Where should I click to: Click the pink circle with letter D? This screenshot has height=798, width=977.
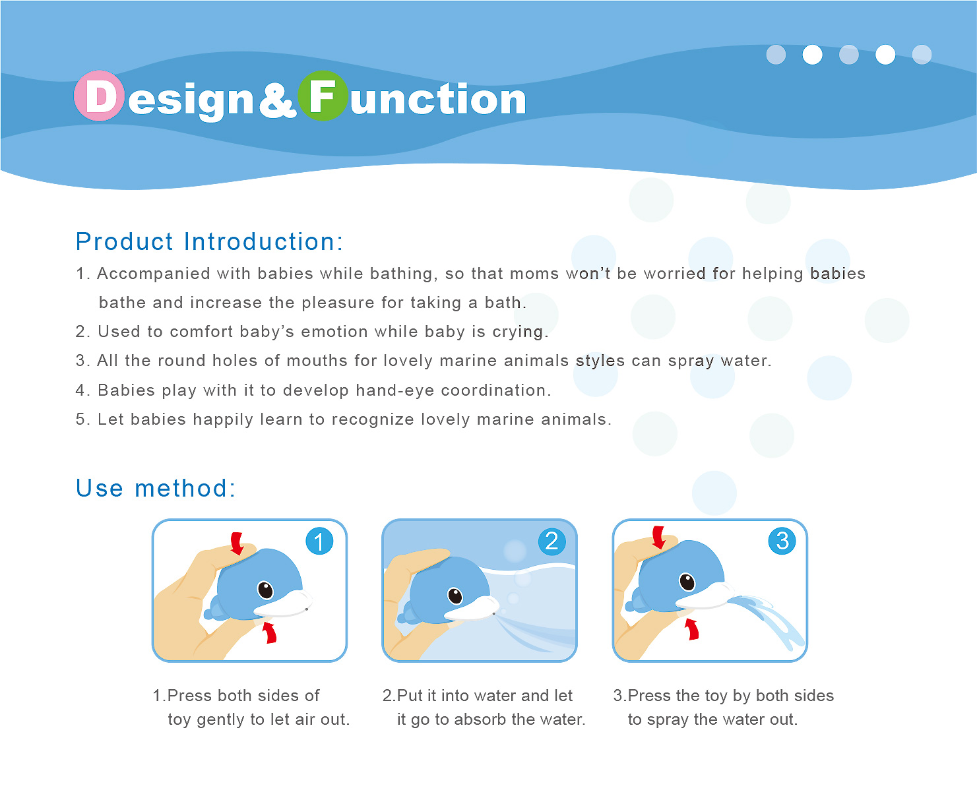coord(99,96)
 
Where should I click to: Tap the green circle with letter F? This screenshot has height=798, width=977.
coord(323,96)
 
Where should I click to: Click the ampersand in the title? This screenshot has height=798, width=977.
coord(277,100)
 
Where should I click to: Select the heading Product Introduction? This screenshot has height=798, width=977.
coord(209,242)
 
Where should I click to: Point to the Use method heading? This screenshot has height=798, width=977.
coord(156,488)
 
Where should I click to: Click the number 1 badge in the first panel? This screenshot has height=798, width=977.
coord(319,541)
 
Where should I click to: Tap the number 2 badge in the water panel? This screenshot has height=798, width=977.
coord(552,541)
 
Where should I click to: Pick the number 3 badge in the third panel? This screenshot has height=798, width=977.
coord(782,541)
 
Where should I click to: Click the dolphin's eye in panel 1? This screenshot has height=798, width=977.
coord(265,590)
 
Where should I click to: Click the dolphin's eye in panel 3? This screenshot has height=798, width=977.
coord(687,582)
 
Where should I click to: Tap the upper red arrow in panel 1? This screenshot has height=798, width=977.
coord(237,543)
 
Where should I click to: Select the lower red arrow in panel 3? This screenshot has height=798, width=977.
coord(691,629)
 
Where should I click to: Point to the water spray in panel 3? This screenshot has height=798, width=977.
coord(767,621)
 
